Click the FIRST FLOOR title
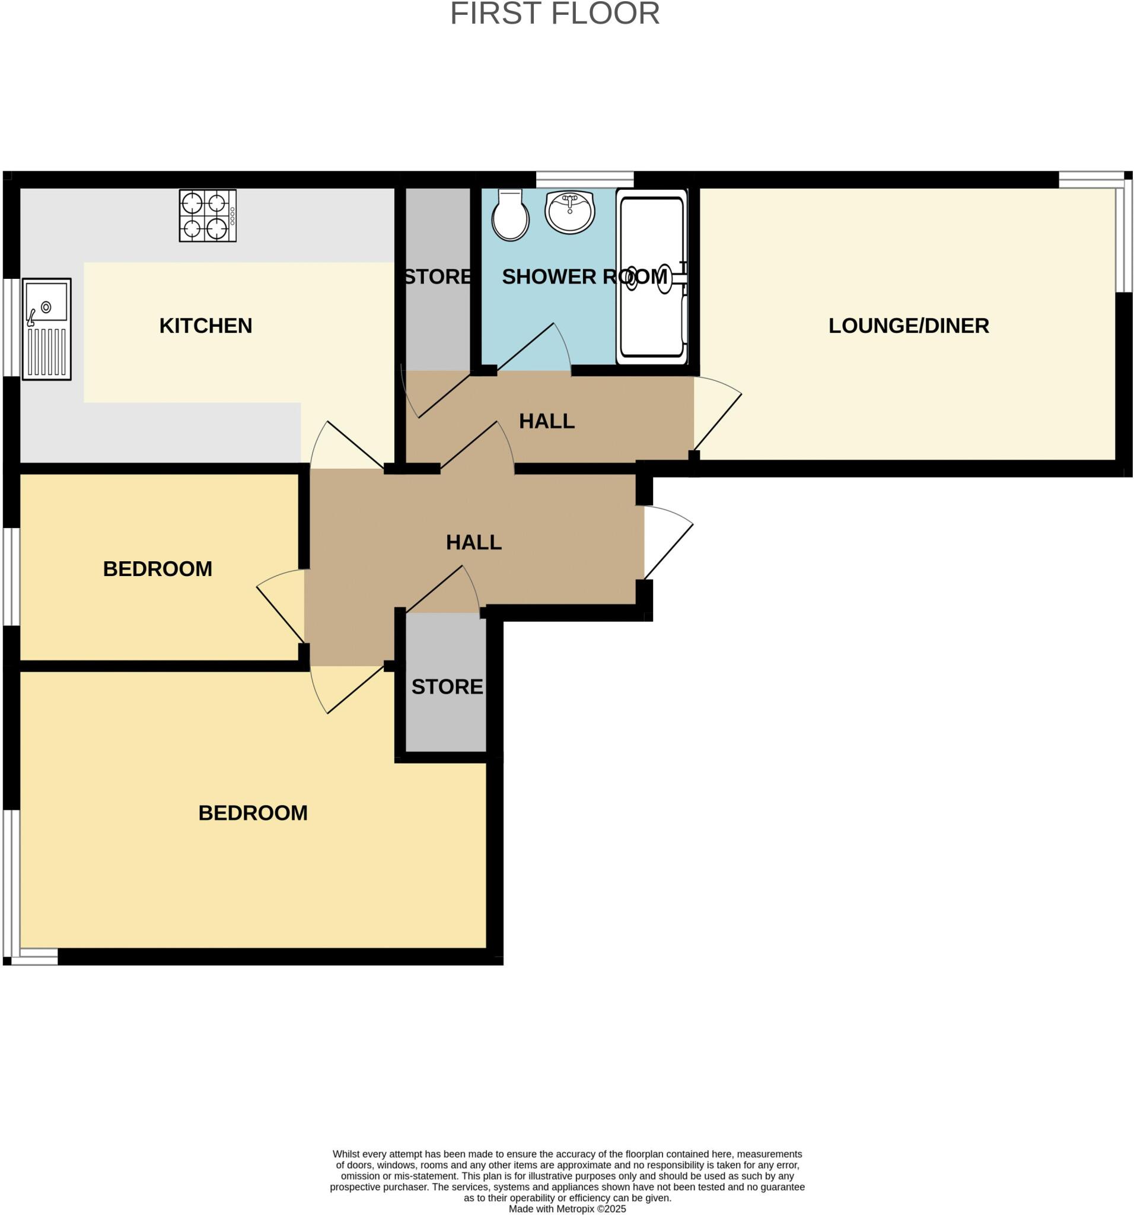[555, 14]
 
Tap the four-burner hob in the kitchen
[208, 216]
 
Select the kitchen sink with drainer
[47, 329]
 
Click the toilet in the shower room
[510, 215]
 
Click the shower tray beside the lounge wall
[652, 277]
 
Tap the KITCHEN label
[205, 326]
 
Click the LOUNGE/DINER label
[908, 326]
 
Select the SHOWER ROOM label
[584, 277]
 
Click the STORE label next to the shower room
[438, 277]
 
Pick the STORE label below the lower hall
[447, 687]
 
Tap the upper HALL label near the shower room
[546, 421]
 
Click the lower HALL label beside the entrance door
[473, 542]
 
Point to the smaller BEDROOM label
[158, 569]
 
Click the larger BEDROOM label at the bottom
[253, 813]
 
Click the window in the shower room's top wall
[585, 179]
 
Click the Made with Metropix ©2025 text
[567, 1208]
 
